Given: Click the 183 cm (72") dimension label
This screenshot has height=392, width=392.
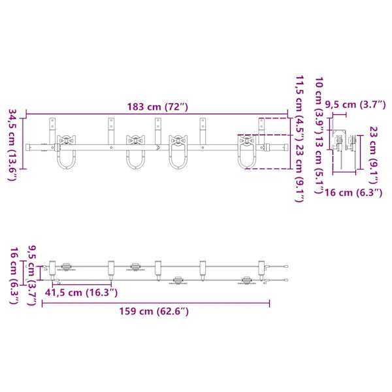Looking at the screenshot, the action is [157, 107].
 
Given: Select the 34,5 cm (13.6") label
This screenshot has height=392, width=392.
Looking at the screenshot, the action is [12, 144].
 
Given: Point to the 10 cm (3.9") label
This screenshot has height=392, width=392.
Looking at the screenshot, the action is [319, 105].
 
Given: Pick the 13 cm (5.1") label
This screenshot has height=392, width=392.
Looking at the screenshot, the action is [319, 165].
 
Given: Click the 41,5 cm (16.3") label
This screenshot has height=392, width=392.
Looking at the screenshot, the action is [81, 292].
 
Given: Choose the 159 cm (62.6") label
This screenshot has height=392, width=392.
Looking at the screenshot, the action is [154, 311].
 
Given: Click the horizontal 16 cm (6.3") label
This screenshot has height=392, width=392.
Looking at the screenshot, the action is [353, 193].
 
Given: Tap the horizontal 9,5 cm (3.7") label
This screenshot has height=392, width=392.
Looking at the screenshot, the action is [355, 105].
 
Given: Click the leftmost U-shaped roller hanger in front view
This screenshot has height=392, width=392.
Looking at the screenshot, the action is [66, 152].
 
